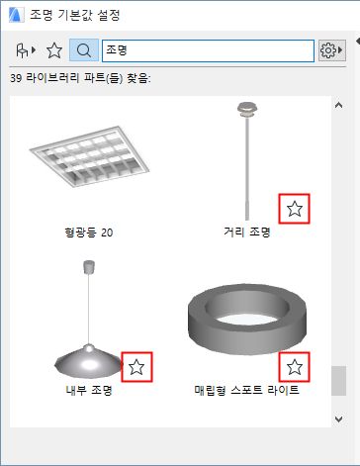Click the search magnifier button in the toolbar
coord(84,50)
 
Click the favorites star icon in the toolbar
coord(54,50)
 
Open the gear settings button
coord(331,50)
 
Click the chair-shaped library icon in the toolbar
coord(26,50)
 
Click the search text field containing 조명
coord(208,50)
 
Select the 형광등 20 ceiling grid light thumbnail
coord(89,156)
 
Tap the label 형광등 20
coord(89,233)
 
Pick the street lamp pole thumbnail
coord(247,161)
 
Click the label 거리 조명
coord(247,232)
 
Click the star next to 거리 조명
coord(294,209)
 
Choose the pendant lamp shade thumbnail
coord(88,320)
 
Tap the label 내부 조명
coord(89,390)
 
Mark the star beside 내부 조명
coord(136,367)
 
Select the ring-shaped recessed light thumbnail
coord(247,319)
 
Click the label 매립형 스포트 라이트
coord(246,390)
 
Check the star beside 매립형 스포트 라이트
coord(294,367)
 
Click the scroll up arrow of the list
coord(338,105)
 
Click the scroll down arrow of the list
coord(338,419)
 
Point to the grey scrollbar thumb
coord(338,381)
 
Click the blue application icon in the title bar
coord(16,15)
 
